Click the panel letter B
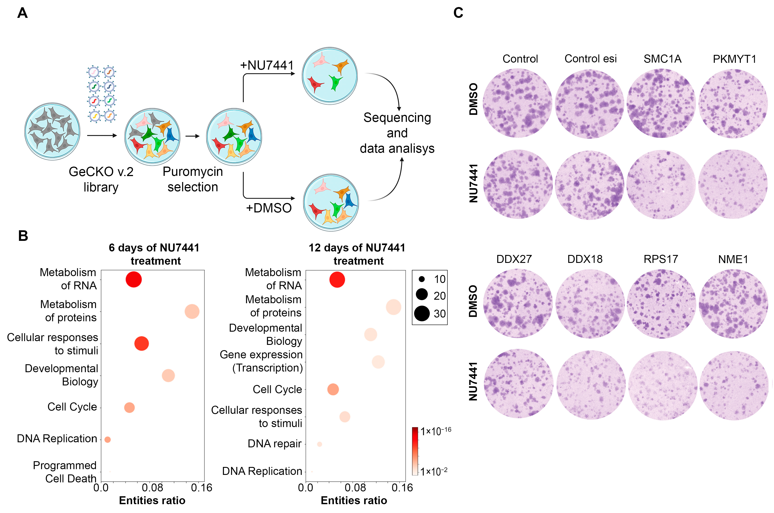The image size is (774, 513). click(23, 236)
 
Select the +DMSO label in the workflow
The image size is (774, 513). click(269, 208)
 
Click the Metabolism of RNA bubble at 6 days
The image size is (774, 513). click(134, 280)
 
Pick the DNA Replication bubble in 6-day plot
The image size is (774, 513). click(107, 439)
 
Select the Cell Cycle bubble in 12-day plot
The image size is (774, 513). click(333, 389)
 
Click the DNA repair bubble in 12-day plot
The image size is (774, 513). click(320, 444)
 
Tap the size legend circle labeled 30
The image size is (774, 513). click(422, 313)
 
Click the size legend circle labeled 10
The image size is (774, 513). click(422, 279)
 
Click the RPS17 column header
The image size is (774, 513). click(661, 259)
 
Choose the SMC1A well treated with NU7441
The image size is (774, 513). click(661, 184)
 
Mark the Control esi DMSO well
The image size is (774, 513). click(590, 103)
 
